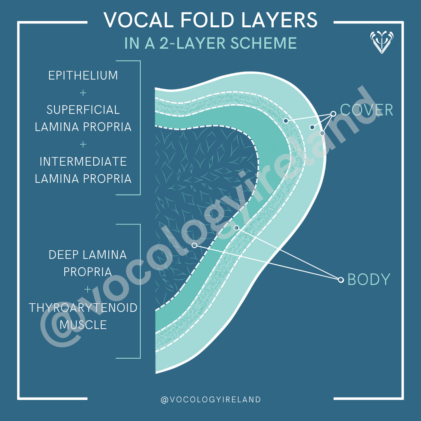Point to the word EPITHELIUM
83,75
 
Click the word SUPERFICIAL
83,110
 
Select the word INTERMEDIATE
83,161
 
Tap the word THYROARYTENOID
83,308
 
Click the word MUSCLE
83,325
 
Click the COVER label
366,110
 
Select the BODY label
368,279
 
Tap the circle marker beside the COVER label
333,114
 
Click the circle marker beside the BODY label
341,280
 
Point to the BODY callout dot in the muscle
194,245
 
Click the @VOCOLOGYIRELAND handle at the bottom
210,400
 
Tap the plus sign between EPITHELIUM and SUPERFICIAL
83,93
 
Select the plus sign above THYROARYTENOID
87,290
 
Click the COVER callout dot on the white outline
322,133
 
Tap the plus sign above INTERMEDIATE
83,144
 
